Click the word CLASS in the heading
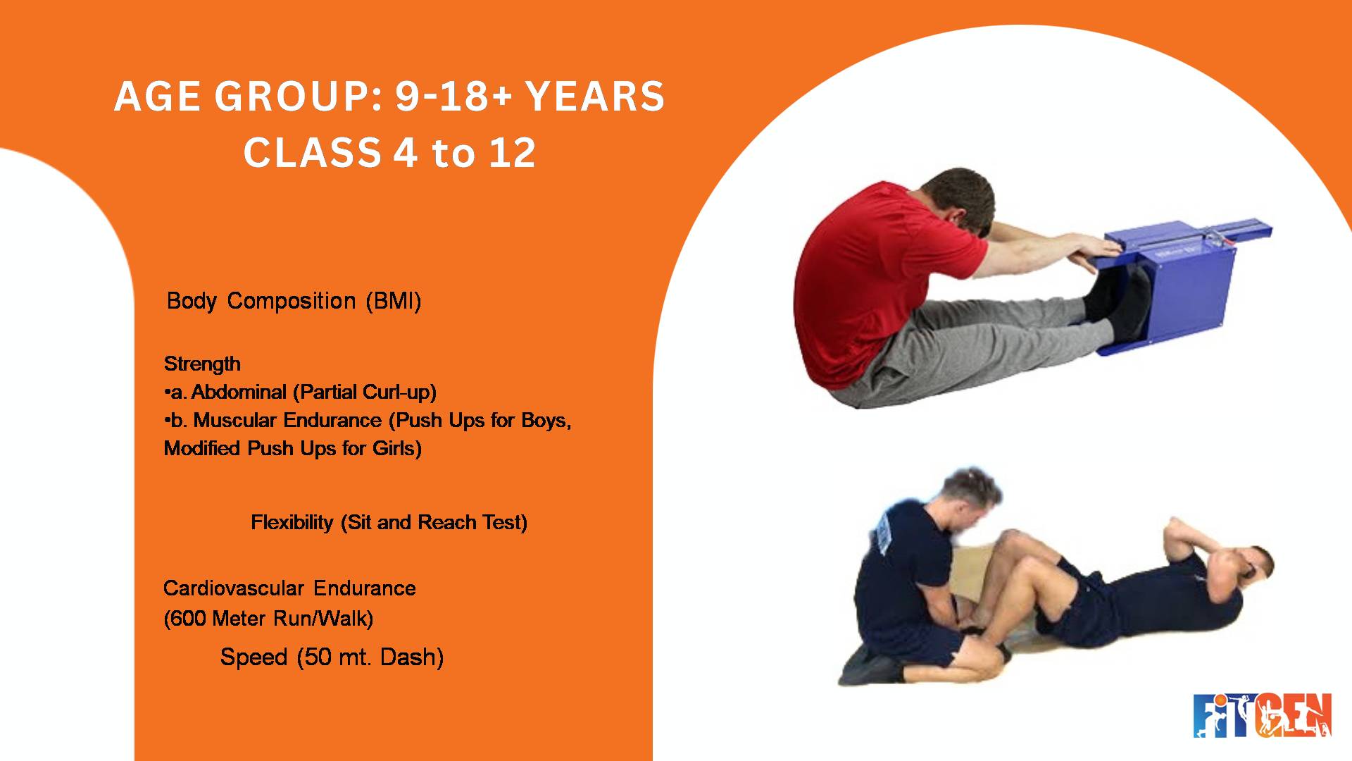[312, 153]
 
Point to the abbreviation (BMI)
[393, 301]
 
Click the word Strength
[202, 364]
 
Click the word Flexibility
[292, 522]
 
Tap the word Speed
[254, 657]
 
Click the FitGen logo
[1262, 715]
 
